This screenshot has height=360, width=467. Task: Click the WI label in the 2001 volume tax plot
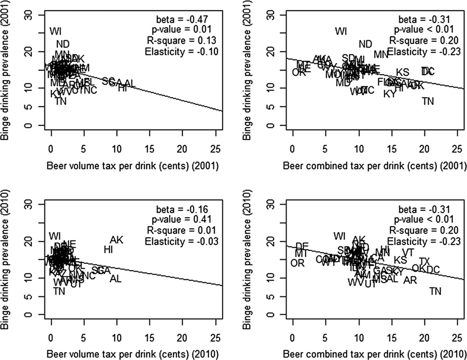pyautogui.click(x=56, y=31)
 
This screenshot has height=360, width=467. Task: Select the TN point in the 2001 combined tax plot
pyautogui.click(x=427, y=101)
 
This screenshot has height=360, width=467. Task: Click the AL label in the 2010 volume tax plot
pyautogui.click(x=116, y=279)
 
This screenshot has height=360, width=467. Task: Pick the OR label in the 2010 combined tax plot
pyautogui.click(x=298, y=263)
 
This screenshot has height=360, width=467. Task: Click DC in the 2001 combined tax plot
pyautogui.click(x=427, y=71)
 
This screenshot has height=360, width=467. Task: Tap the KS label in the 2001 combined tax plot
pyautogui.click(x=403, y=72)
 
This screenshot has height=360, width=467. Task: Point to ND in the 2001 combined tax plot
pyautogui.click(x=365, y=44)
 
